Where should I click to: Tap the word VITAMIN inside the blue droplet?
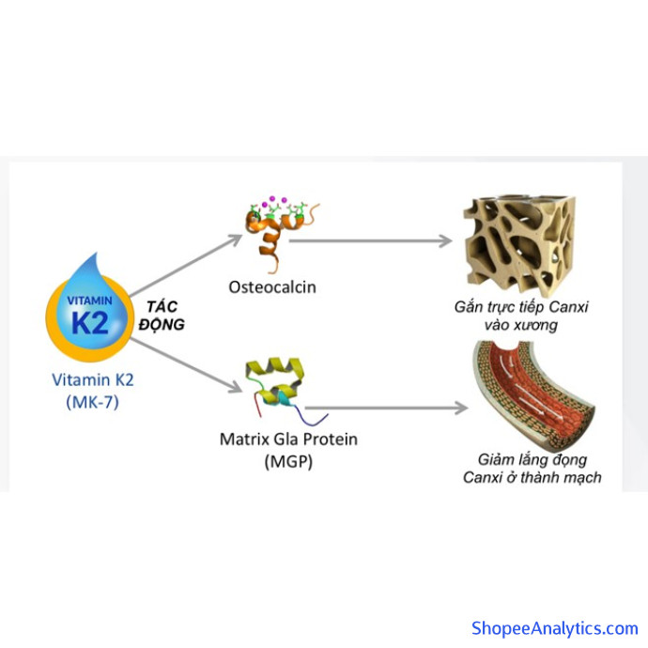tap(90, 298)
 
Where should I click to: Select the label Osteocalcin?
tap(272, 286)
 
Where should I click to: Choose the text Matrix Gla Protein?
tap(288, 439)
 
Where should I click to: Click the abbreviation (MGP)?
tap(288, 461)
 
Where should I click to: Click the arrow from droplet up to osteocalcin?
tap(183, 266)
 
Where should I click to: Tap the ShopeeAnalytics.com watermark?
tap(553, 628)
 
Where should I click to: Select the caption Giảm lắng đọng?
tap(532, 459)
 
